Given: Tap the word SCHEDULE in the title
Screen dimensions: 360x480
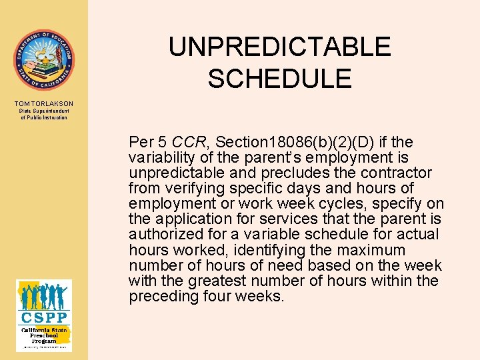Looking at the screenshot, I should pyautogui.click(x=279, y=79).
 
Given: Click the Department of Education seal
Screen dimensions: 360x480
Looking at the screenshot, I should pyautogui.click(x=43, y=60).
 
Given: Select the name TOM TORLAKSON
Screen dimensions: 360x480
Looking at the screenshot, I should pyautogui.click(x=43, y=103).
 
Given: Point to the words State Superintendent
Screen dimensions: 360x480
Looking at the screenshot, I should pyautogui.click(x=44, y=111).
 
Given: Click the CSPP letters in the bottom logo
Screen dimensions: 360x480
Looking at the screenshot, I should pyautogui.click(x=43, y=317).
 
